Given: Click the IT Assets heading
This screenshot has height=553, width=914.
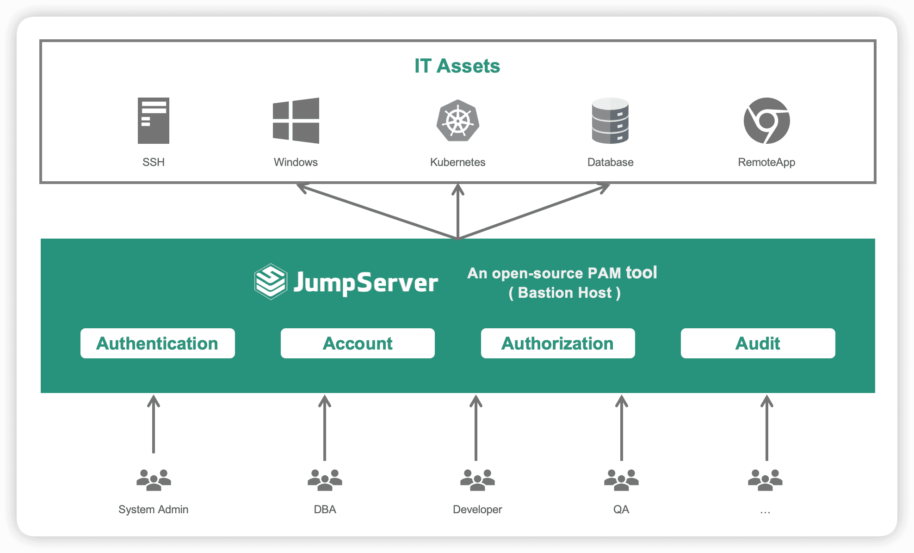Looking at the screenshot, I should coord(457,66).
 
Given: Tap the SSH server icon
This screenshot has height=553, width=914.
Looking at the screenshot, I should coord(154,121).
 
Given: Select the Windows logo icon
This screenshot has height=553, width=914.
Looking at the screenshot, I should coord(296,121).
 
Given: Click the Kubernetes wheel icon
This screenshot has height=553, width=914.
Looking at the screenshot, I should coord(457,121).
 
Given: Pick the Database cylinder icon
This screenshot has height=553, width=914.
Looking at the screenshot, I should coord(610,121).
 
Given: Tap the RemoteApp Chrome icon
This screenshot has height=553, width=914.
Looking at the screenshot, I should coord(766,121).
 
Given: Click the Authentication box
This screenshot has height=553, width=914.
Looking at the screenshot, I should coord(157,344).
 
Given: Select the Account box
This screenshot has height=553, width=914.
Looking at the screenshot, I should coord(358,344).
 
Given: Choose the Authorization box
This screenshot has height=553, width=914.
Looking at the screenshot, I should coord(558,344).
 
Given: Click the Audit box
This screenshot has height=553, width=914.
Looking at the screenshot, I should coord(758,344).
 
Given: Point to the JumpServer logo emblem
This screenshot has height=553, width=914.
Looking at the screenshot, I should coord(271,282).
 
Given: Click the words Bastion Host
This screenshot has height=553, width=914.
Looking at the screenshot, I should coord(564,293).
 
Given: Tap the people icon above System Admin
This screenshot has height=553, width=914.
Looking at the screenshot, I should coord(154,480).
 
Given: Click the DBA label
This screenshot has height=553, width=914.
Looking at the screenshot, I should coord(325,510).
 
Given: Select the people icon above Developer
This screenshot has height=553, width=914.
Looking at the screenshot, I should coord(477,480).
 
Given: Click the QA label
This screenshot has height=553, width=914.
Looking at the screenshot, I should coord(621,510).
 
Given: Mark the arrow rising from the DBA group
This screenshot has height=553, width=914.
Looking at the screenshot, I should coord(325,428).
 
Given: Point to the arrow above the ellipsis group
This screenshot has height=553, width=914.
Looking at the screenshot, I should coord(766,428).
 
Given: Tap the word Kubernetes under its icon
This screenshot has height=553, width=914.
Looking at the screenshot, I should coord(457,162).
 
